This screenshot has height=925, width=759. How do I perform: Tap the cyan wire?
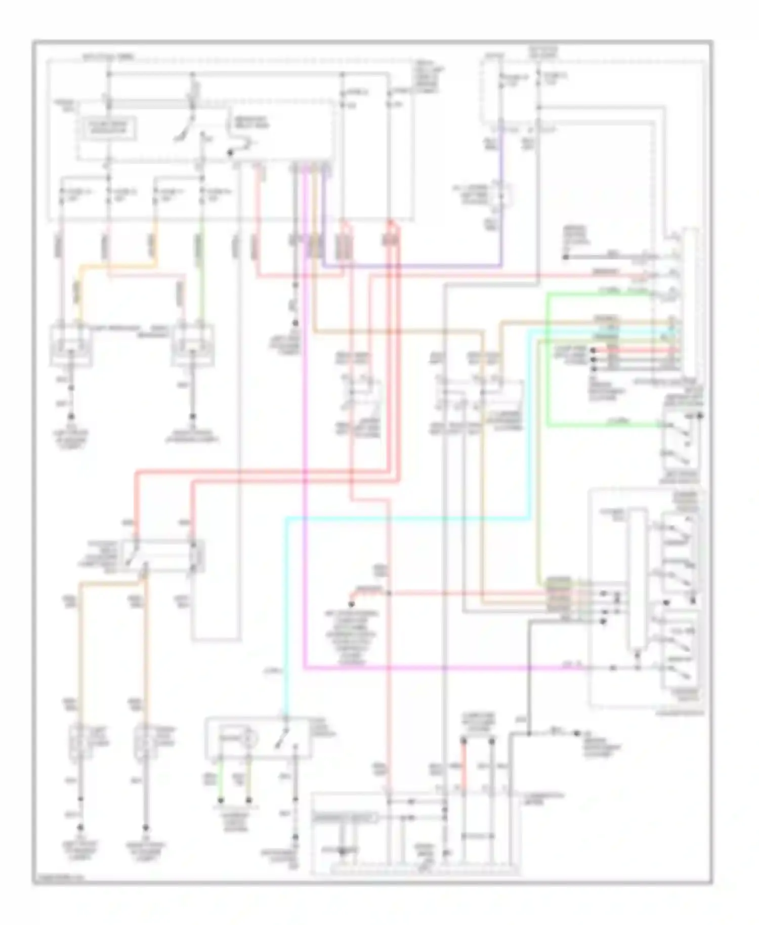click(405, 518)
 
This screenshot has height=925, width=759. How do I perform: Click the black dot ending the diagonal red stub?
click(351, 604)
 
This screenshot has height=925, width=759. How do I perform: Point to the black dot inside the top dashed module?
click(230, 152)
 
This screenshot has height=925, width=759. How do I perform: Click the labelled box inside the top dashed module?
click(107, 130)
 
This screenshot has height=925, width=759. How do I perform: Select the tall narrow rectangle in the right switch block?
click(637, 579)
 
